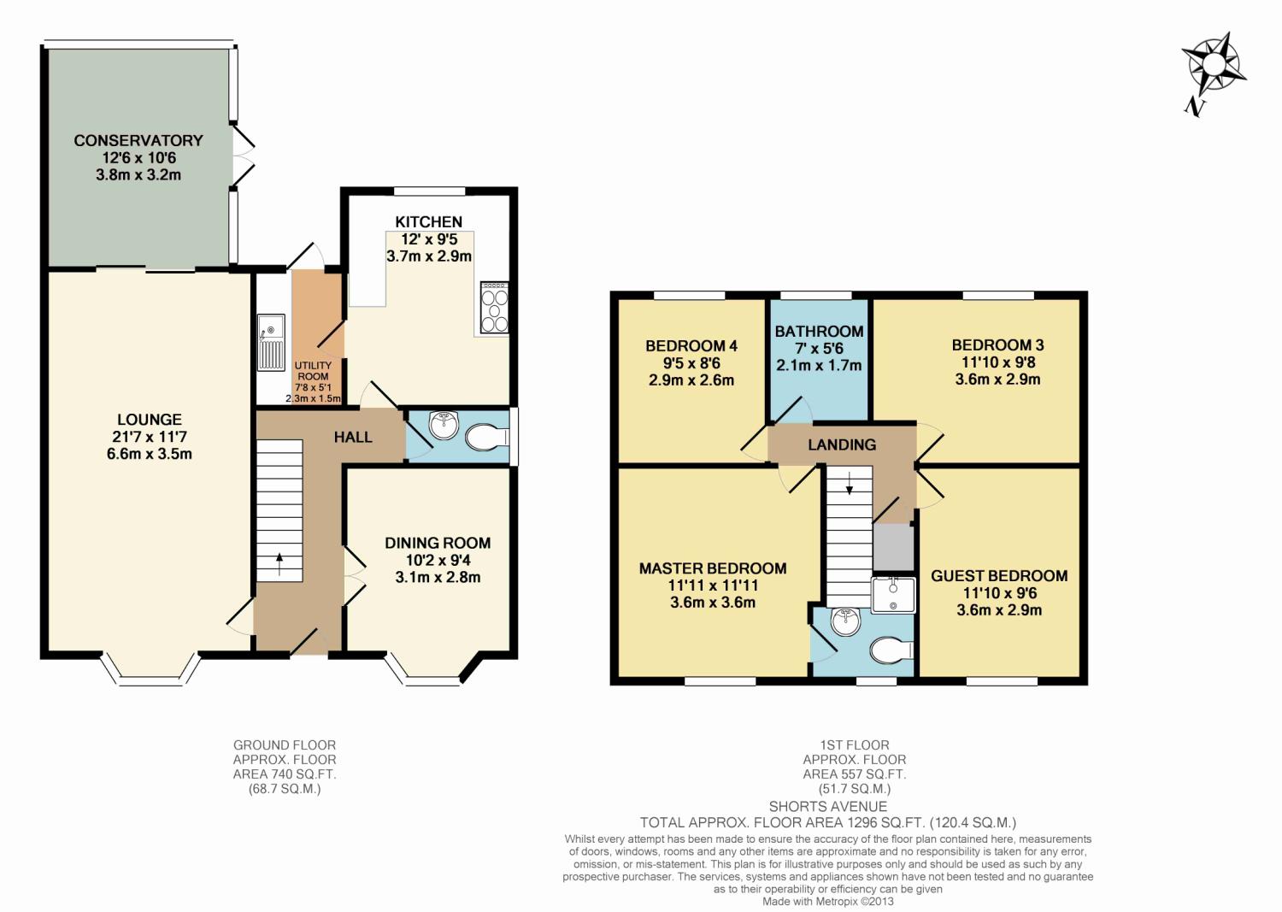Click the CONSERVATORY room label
coord(138,141)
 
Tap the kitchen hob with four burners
coord(495,308)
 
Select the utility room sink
coord(271,342)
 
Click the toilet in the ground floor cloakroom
coord(487,438)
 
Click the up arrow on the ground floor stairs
coord(279,563)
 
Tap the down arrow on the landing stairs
coord(850,483)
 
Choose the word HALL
coord(353,438)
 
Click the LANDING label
coord(842,444)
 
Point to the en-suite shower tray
coord(893,596)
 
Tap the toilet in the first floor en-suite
coord(891,650)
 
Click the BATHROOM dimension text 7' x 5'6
coord(819,348)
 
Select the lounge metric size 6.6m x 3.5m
coord(150,454)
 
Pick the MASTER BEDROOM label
coord(713,568)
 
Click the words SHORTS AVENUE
coord(827,807)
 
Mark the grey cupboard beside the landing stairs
coord(893,547)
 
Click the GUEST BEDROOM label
coord(999,576)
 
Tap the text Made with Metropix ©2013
coord(827,902)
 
